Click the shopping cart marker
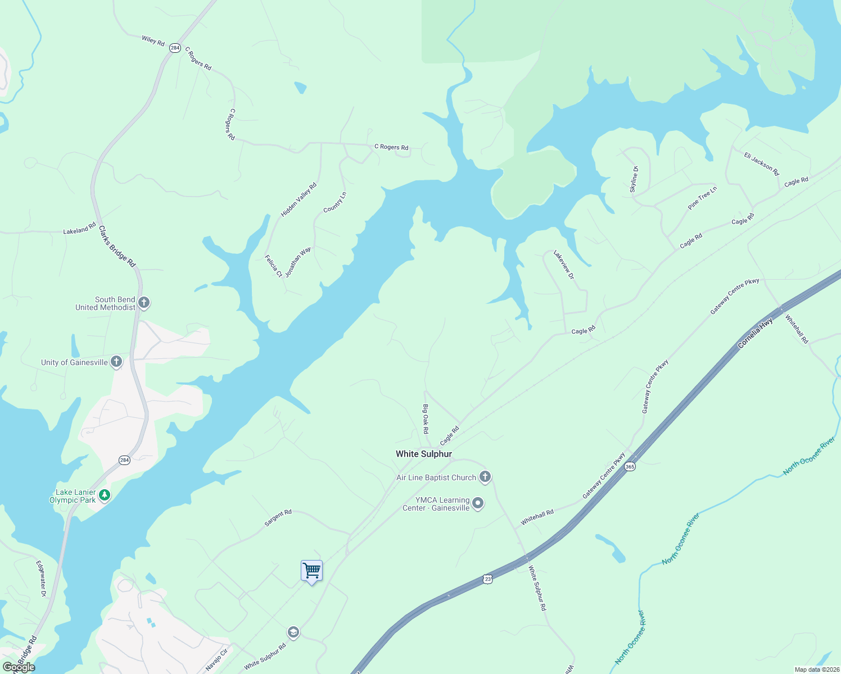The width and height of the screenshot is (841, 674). tap(311, 571)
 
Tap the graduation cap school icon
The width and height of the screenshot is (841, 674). tap(293, 632)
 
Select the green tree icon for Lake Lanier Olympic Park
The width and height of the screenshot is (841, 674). tap(104, 495)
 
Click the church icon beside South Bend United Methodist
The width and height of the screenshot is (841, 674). tap(144, 303)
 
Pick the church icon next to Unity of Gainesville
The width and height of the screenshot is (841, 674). tap(116, 362)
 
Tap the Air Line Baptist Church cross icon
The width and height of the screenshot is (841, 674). tap(485, 477)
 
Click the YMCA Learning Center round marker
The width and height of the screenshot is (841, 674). tap(478, 503)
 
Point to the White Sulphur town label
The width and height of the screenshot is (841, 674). tap(423, 454)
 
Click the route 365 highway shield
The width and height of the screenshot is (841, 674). tap(630, 467)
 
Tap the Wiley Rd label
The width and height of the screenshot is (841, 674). tap(153, 40)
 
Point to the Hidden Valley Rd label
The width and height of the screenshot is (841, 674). tap(299, 199)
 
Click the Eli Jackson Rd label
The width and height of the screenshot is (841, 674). tap(761, 163)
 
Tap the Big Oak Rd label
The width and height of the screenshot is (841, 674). tap(426, 418)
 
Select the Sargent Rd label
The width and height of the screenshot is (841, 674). tap(278, 518)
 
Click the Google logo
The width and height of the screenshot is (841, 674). tap(19, 667)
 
